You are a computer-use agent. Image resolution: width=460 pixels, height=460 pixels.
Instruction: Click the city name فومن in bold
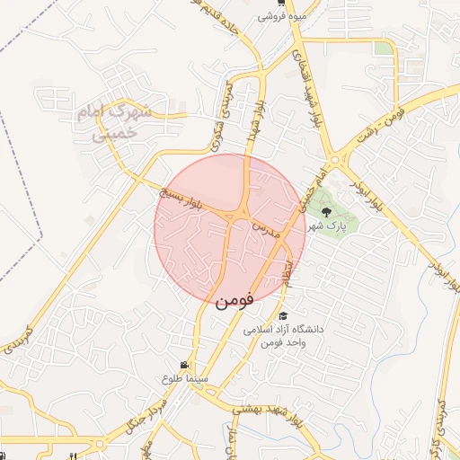point(234,299)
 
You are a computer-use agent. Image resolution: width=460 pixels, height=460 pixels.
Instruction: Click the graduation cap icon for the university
point(284,315)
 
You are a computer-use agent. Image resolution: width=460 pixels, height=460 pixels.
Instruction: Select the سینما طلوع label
point(185,379)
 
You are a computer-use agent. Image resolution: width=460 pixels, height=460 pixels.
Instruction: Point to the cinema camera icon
point(184,366)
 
